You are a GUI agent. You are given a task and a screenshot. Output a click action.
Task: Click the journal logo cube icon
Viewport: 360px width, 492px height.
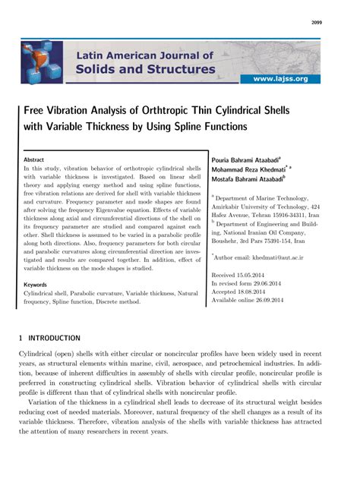[43, 63]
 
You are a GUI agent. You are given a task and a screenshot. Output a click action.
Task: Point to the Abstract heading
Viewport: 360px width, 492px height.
[34, 161]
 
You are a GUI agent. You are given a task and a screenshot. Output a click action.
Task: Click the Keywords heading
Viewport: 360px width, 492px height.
[36, 284]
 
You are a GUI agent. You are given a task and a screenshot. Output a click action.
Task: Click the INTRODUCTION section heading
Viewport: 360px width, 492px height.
[53, 337]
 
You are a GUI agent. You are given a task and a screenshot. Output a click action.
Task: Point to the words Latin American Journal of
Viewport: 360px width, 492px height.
[144, 55]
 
